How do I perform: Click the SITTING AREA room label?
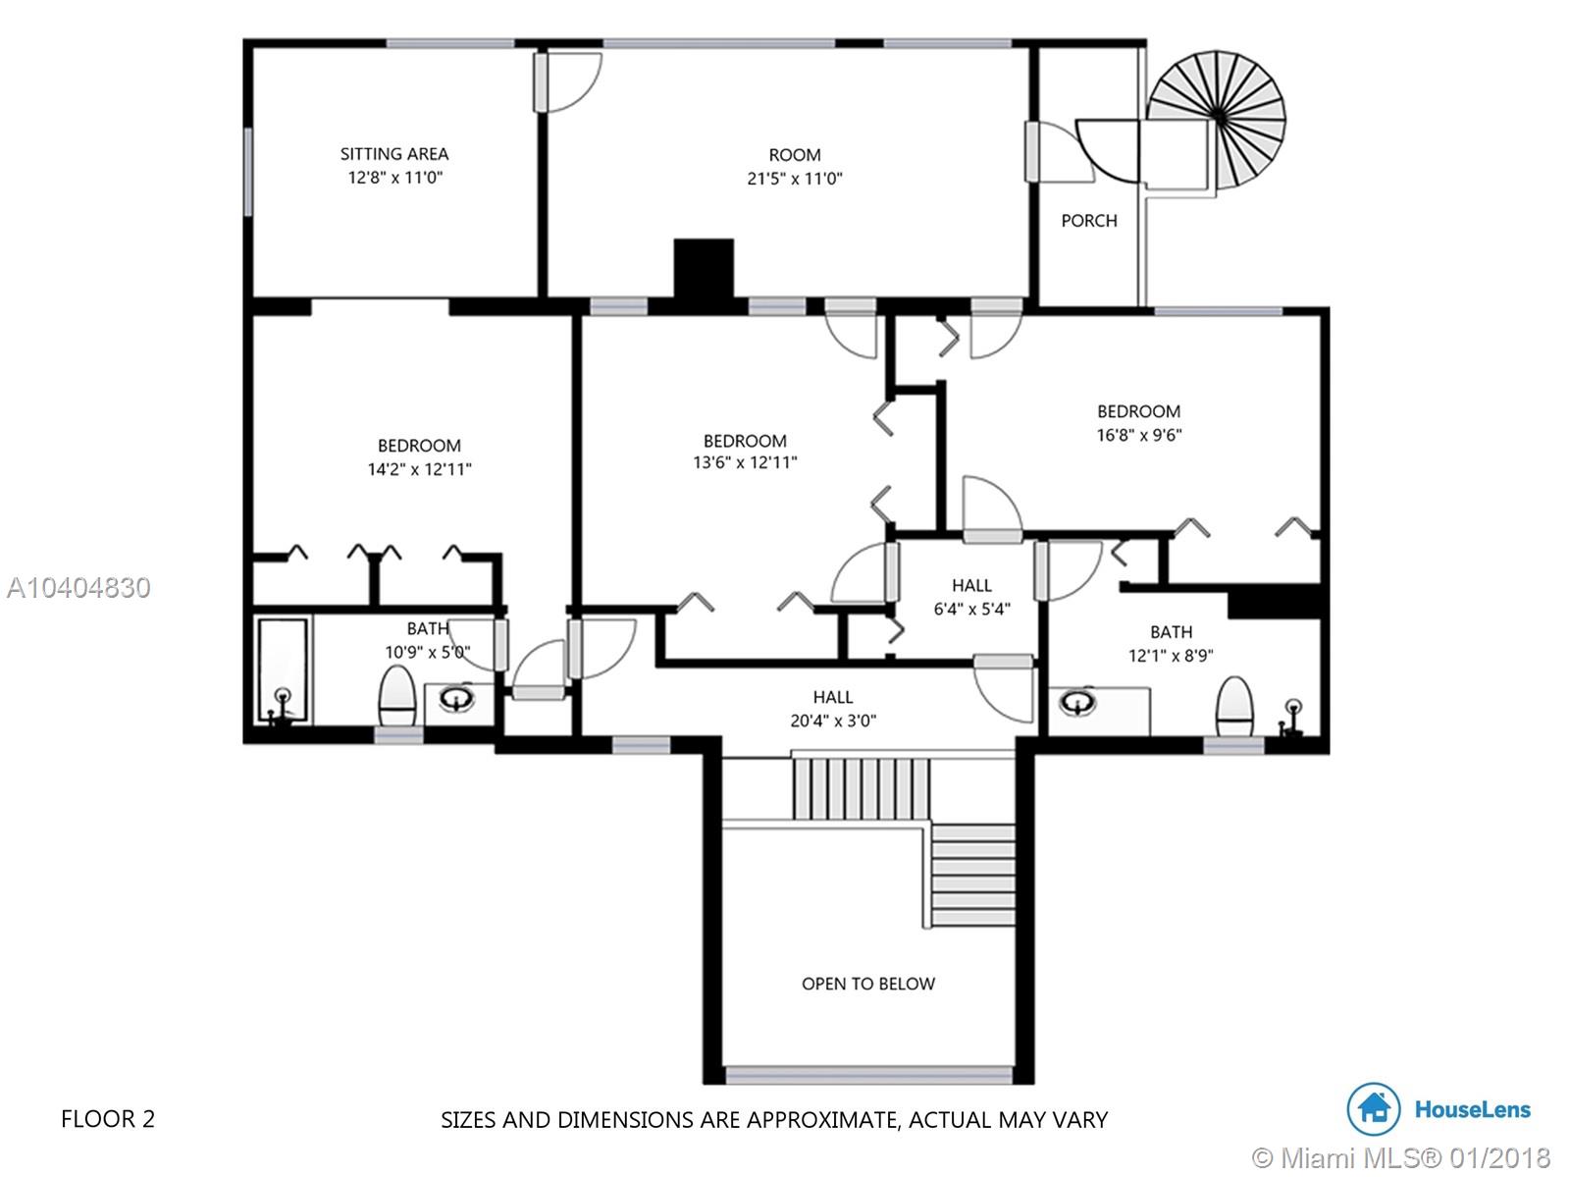click(x=393, y=154)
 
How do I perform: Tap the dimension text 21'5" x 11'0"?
click(x=795, y=178)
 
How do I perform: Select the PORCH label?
click(x=1088, y=220)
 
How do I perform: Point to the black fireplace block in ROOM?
click(x=705, y=268)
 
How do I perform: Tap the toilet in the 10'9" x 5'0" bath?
click(x=397, y=696)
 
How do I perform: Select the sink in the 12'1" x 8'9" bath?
click(x=1077, y=702)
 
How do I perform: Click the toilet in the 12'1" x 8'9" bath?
click(x=1234, y=707)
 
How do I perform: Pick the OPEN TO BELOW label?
click(x=867, y=984)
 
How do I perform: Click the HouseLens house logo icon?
click(x=1373, y=1109)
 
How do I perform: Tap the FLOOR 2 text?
click(x=108, y=1119)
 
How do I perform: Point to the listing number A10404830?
click(x=78, y=588)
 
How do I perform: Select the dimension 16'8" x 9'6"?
click(x=1139, y=435)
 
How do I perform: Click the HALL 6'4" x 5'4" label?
click(x=972, y=597)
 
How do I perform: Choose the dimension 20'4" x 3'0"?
click(x=833, y=721)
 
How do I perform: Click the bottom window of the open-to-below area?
click(x=868, y=1075)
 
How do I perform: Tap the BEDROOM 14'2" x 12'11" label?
click(x=420, y=456)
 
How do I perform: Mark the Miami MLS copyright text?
click(x=1401, y=1157)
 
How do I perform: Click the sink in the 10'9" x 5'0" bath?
click(x=456, y=698)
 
